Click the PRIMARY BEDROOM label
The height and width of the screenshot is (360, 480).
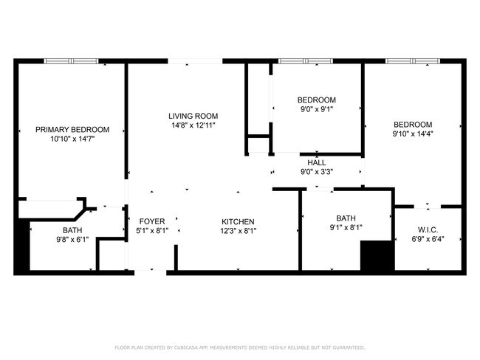click(x=72, y=129)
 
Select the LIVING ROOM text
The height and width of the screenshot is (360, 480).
click(x=193, y=116)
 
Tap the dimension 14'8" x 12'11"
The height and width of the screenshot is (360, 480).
click(x=193, y=125)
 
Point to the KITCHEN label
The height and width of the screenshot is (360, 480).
click(x=238, y=221)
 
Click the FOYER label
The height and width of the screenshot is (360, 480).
click(x=152, y=221)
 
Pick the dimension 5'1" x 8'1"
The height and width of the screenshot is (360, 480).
click(x=152, y=231)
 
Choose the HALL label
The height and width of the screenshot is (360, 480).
click(x=316, y=162)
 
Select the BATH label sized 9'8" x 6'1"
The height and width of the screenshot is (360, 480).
click(x=72, y=230)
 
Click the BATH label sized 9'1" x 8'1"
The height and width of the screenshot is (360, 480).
click(x=346, y=218)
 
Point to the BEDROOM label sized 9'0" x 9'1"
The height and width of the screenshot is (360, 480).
click(x=316, y=100)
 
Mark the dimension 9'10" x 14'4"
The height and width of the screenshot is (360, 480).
click(x=412, y=134)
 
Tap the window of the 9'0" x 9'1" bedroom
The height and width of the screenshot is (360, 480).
click(x=305, y=61)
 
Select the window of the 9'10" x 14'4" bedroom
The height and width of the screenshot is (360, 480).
click(x=412, y=61)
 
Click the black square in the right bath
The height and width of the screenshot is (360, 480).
click(x=375, y=257)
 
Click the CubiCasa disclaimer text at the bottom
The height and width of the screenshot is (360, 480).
click(x=239, y=347)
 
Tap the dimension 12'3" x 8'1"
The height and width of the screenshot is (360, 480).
click(x=238, y=231)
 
